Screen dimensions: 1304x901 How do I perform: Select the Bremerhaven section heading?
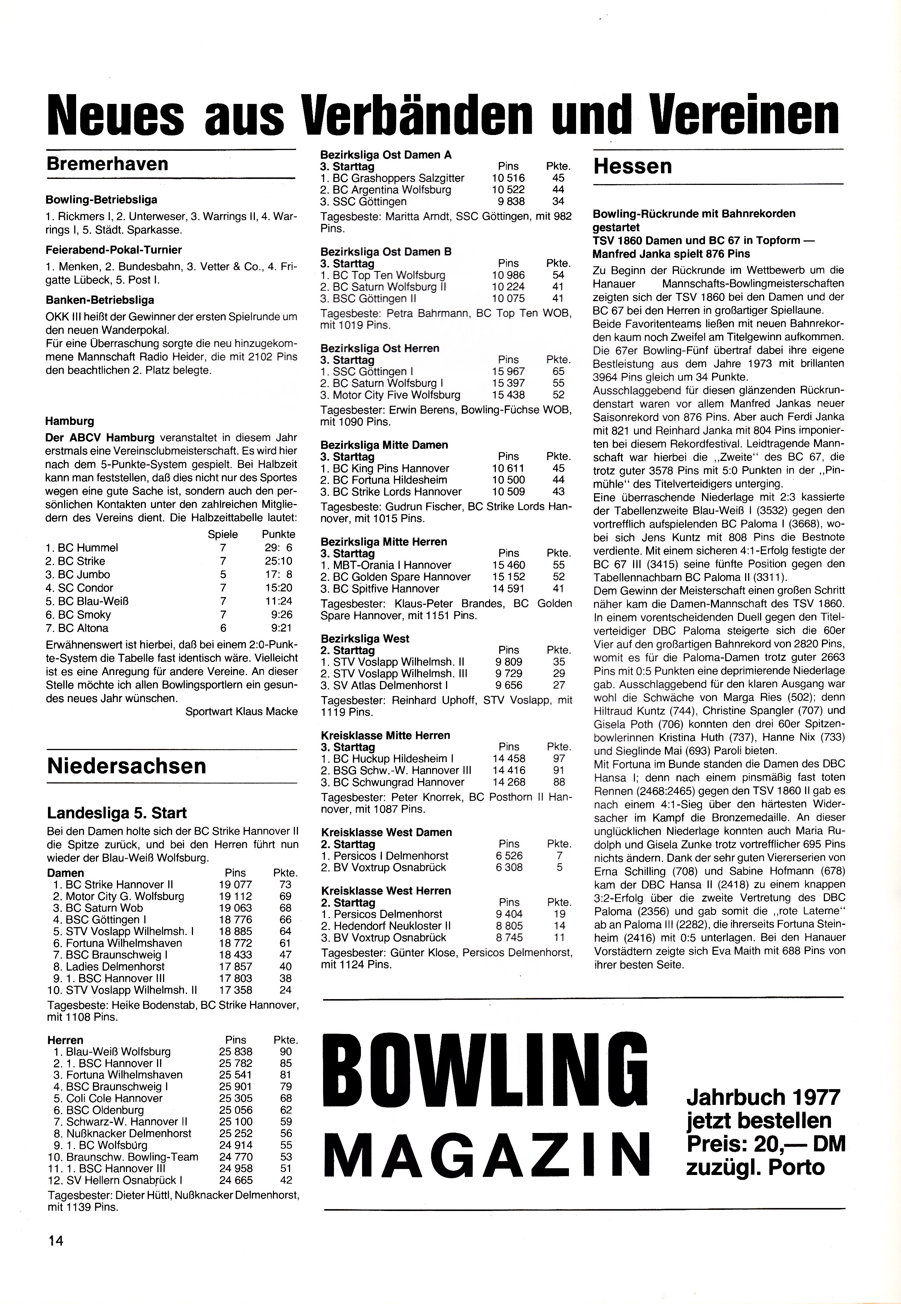107,164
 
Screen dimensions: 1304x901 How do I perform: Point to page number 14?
56,1256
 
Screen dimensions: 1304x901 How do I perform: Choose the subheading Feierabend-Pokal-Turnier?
114,250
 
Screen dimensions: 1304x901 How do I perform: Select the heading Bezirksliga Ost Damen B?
386,252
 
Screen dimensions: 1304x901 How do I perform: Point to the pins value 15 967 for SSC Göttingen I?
508,372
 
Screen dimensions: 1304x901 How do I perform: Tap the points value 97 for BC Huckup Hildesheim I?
559,758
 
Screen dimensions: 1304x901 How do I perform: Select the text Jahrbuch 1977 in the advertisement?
763,1097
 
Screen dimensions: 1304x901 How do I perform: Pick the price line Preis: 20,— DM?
766,1144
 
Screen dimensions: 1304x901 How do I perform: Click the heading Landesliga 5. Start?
117,813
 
